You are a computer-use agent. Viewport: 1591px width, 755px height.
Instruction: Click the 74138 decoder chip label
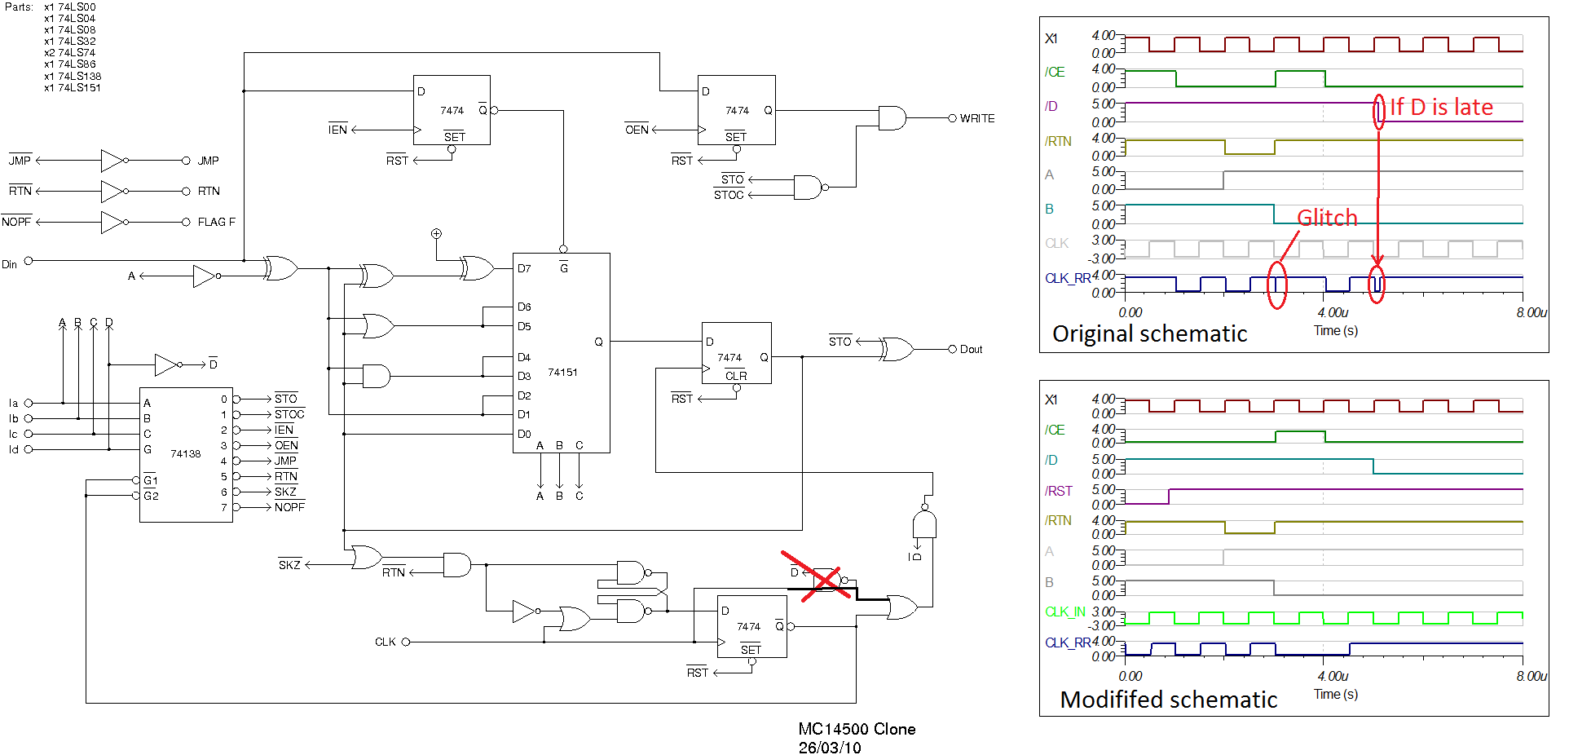185,453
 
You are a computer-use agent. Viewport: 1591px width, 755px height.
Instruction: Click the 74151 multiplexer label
562,372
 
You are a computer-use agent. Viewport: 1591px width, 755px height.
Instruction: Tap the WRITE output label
976,118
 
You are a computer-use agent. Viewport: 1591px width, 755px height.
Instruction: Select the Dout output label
971,349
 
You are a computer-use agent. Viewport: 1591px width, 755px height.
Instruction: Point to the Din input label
10,264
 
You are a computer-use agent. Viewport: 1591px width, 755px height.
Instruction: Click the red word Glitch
1327,218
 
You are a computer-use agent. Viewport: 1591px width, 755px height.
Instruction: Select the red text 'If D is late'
1441,107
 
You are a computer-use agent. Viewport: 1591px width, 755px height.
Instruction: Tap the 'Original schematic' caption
1149,333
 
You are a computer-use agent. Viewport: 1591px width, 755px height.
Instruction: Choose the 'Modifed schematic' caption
1168,700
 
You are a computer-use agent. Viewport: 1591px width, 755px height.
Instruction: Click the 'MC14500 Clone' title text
857,729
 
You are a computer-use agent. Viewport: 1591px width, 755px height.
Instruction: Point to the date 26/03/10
830,748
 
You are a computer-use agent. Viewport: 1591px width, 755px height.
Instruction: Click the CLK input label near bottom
386,642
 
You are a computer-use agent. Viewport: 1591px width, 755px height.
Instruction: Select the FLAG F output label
216,222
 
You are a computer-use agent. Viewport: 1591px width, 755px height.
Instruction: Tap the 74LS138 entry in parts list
78,76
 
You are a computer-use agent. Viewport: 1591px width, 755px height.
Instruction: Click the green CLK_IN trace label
1064,612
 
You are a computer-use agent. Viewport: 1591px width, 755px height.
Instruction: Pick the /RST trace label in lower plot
1058,491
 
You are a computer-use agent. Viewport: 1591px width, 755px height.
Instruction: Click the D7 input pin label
524,268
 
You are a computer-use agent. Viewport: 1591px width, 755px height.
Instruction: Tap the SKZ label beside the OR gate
289,565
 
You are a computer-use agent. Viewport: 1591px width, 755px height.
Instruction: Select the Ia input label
13,403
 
